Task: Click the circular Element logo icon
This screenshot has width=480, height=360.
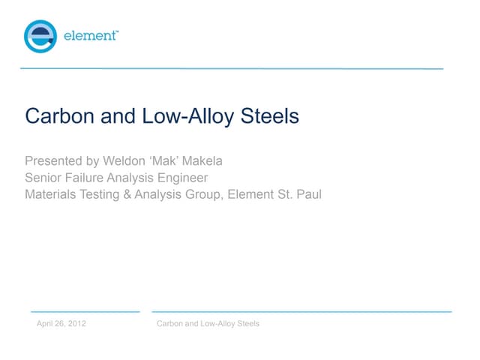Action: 40,36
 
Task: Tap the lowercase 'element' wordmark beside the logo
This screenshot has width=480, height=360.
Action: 90,36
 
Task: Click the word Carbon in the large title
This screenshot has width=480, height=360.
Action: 55,117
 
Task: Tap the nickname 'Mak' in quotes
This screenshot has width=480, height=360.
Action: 174,161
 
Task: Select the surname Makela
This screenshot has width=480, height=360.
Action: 221,161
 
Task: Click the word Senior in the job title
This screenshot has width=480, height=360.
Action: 44,178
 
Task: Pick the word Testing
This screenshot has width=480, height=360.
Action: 107,194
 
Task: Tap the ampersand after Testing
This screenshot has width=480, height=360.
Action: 136,194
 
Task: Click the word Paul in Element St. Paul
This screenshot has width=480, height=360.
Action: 310,194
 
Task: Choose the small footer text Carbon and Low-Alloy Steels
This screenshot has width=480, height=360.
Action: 207,323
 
